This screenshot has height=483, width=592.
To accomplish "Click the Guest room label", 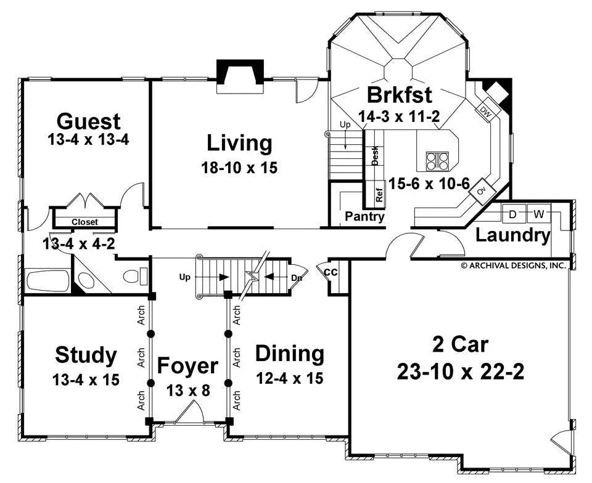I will [88, 120].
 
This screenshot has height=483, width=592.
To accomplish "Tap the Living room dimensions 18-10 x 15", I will [239, 168].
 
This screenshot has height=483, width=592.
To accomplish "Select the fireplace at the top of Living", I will [240, 76].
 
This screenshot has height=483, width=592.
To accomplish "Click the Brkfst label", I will [399, 95].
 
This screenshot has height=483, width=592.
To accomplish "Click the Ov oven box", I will [482, 192].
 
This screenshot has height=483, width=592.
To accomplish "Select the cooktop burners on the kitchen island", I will [437, 160].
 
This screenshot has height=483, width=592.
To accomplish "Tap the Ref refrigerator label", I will [379, 195].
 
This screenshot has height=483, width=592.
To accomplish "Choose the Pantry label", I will [364, 216].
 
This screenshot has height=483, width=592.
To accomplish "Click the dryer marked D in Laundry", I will [513, 214].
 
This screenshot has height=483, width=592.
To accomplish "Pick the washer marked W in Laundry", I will [538, 214].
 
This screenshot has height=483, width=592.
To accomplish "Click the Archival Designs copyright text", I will [513, 266].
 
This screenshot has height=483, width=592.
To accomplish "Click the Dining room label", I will [289, 354].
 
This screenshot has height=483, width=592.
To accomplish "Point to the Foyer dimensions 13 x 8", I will [187, 390].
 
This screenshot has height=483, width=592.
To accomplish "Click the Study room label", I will [86, 355].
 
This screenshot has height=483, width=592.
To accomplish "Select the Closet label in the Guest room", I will [84, 222].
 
